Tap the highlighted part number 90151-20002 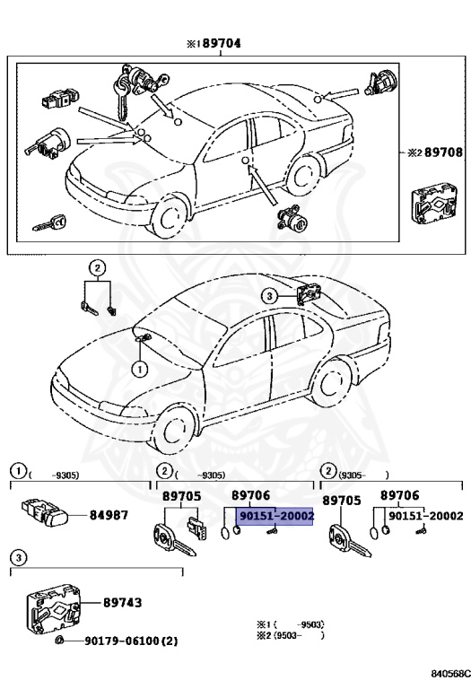[275, 517]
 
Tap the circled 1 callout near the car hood [140, 368]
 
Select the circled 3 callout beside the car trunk [268, 295]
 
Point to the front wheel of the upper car [168, 216]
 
